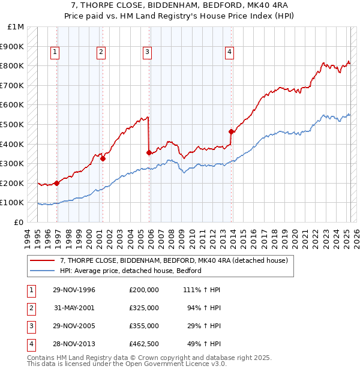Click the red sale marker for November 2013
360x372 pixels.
pos(231,131)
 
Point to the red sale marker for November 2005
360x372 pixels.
pos(149,152)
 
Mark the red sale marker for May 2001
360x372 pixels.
pos(103,158)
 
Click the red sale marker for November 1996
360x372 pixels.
pos(56,183)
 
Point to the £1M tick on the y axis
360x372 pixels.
pos(16,27)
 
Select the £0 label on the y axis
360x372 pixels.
pos(19,222)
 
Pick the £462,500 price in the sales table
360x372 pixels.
pos(144,344)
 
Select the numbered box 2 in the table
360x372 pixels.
pos(31,308)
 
